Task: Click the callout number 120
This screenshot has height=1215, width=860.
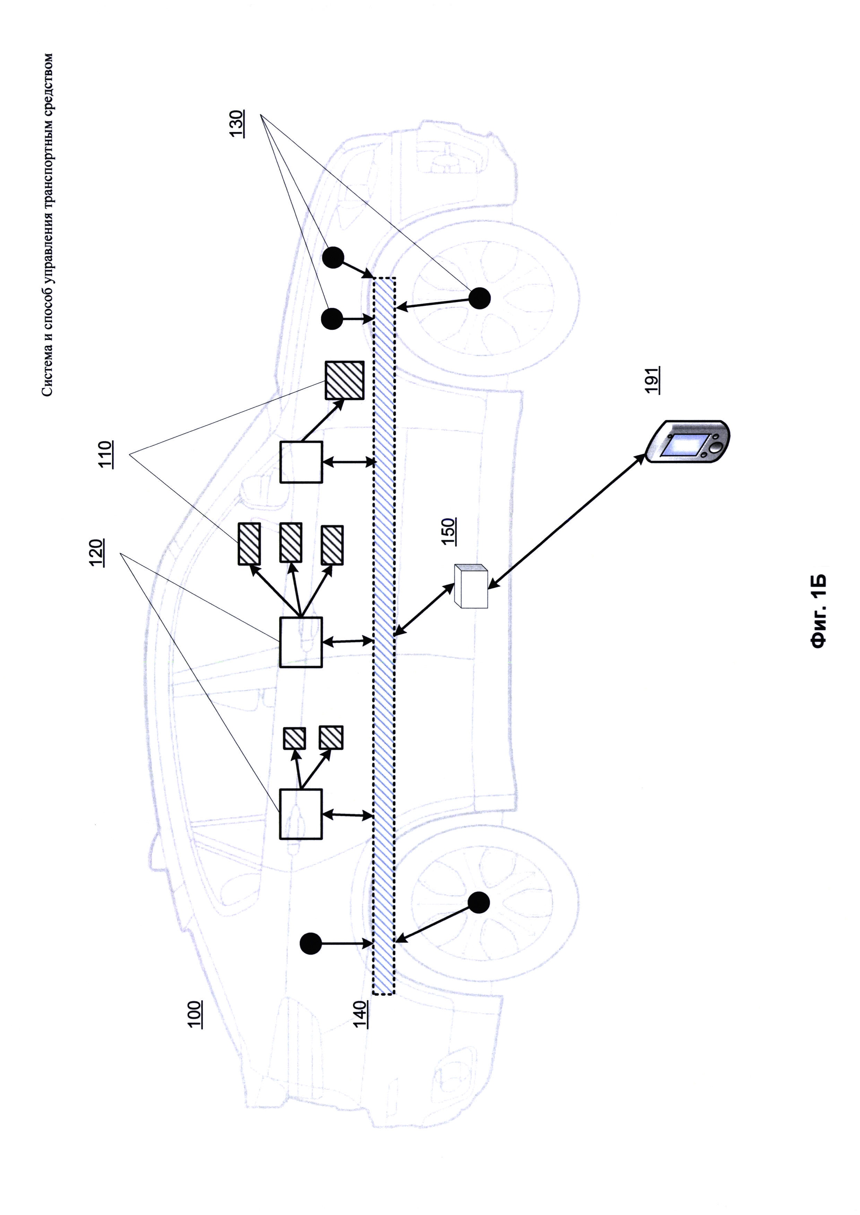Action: tap(96, 553)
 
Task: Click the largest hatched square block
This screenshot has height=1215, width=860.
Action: tap(344, 380)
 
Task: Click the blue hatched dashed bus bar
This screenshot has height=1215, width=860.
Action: tap(384, 635)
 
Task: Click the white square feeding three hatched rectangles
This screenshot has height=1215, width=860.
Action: tap(301, 642)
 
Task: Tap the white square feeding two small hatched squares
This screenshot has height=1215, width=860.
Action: tap(301, 814)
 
